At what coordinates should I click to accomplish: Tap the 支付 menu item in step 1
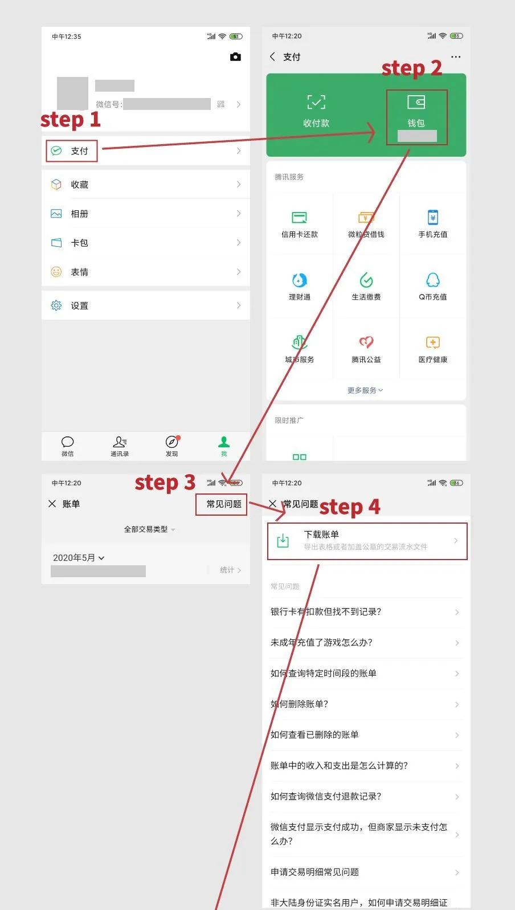tap(79, 151)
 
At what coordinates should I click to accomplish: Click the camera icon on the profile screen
tap(235, 57)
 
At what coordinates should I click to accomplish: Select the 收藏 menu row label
tap(79, 185)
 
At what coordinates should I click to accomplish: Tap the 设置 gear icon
tap(56, 305)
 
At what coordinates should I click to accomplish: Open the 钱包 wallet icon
tap(416, 103)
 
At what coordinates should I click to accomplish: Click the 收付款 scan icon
tap(316, 103)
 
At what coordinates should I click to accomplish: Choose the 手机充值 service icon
tap(433, 217)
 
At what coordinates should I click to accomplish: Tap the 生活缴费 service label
tap(366, 297)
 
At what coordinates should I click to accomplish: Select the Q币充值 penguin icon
tap(433, 280)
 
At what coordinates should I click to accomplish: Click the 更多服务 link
tap(365, 390)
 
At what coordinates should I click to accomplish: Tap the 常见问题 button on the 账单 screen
tap(224, 504)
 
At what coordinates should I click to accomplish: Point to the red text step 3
tap(165, 483)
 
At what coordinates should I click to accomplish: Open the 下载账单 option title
tap(321, 534)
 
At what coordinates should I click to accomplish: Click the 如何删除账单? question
tap(300, 704)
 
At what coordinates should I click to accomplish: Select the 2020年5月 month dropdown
tap(79, 558)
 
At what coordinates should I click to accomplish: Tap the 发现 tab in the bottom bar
tap(171, 446)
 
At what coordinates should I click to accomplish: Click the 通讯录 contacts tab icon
tap(120, 442)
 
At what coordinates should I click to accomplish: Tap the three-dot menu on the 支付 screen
tap(456, 57)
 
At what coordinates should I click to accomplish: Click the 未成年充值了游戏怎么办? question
tap(321, 642)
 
